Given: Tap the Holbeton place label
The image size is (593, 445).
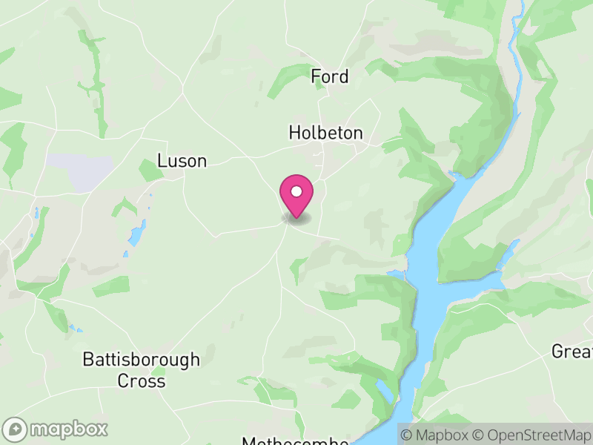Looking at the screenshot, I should [x=325, y=133].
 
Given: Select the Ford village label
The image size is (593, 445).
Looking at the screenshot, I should [x=329, y=76].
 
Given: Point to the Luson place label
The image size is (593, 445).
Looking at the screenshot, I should [x=182, y=161].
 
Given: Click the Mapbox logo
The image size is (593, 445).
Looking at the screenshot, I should [x=56, y=429].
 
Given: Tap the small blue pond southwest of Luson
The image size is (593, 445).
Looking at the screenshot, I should [x=137, y=234].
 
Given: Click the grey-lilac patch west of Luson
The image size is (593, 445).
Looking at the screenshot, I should [x=82, y=171].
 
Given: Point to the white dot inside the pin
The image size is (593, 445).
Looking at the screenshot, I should [x=296, y=191].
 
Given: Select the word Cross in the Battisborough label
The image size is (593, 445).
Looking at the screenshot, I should [x=141, y=381].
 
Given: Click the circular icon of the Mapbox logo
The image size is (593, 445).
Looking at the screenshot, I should [x=16, y=429].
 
